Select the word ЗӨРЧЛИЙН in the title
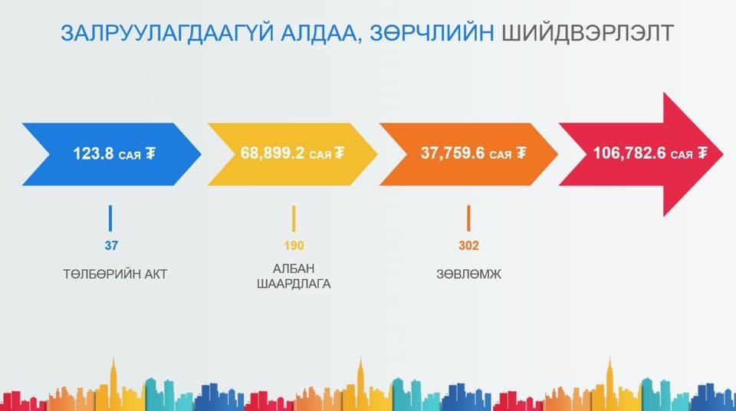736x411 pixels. coord(432,33)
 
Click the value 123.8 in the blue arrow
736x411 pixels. coord(94,153)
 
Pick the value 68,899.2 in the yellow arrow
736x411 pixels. coord(272,153)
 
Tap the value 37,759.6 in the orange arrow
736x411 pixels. coord(452,153)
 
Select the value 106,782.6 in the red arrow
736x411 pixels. coord(629,153)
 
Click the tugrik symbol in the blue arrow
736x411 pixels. coord(150,153)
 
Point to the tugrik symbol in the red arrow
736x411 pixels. coord(702,153)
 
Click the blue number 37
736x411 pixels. coord(111,245)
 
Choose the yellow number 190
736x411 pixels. coord(294,245)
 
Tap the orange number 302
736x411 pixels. coord(468,245)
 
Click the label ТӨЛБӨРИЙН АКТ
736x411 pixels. coord(115,275)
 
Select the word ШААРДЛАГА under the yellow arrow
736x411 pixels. coord(294,284)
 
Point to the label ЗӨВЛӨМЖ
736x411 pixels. coord(469,275)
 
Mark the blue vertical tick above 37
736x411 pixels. coord(110,218)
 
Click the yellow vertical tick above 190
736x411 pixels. coord(294,218)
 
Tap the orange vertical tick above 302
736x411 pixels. coord(468,218)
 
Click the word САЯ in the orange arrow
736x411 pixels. coord(501,155)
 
